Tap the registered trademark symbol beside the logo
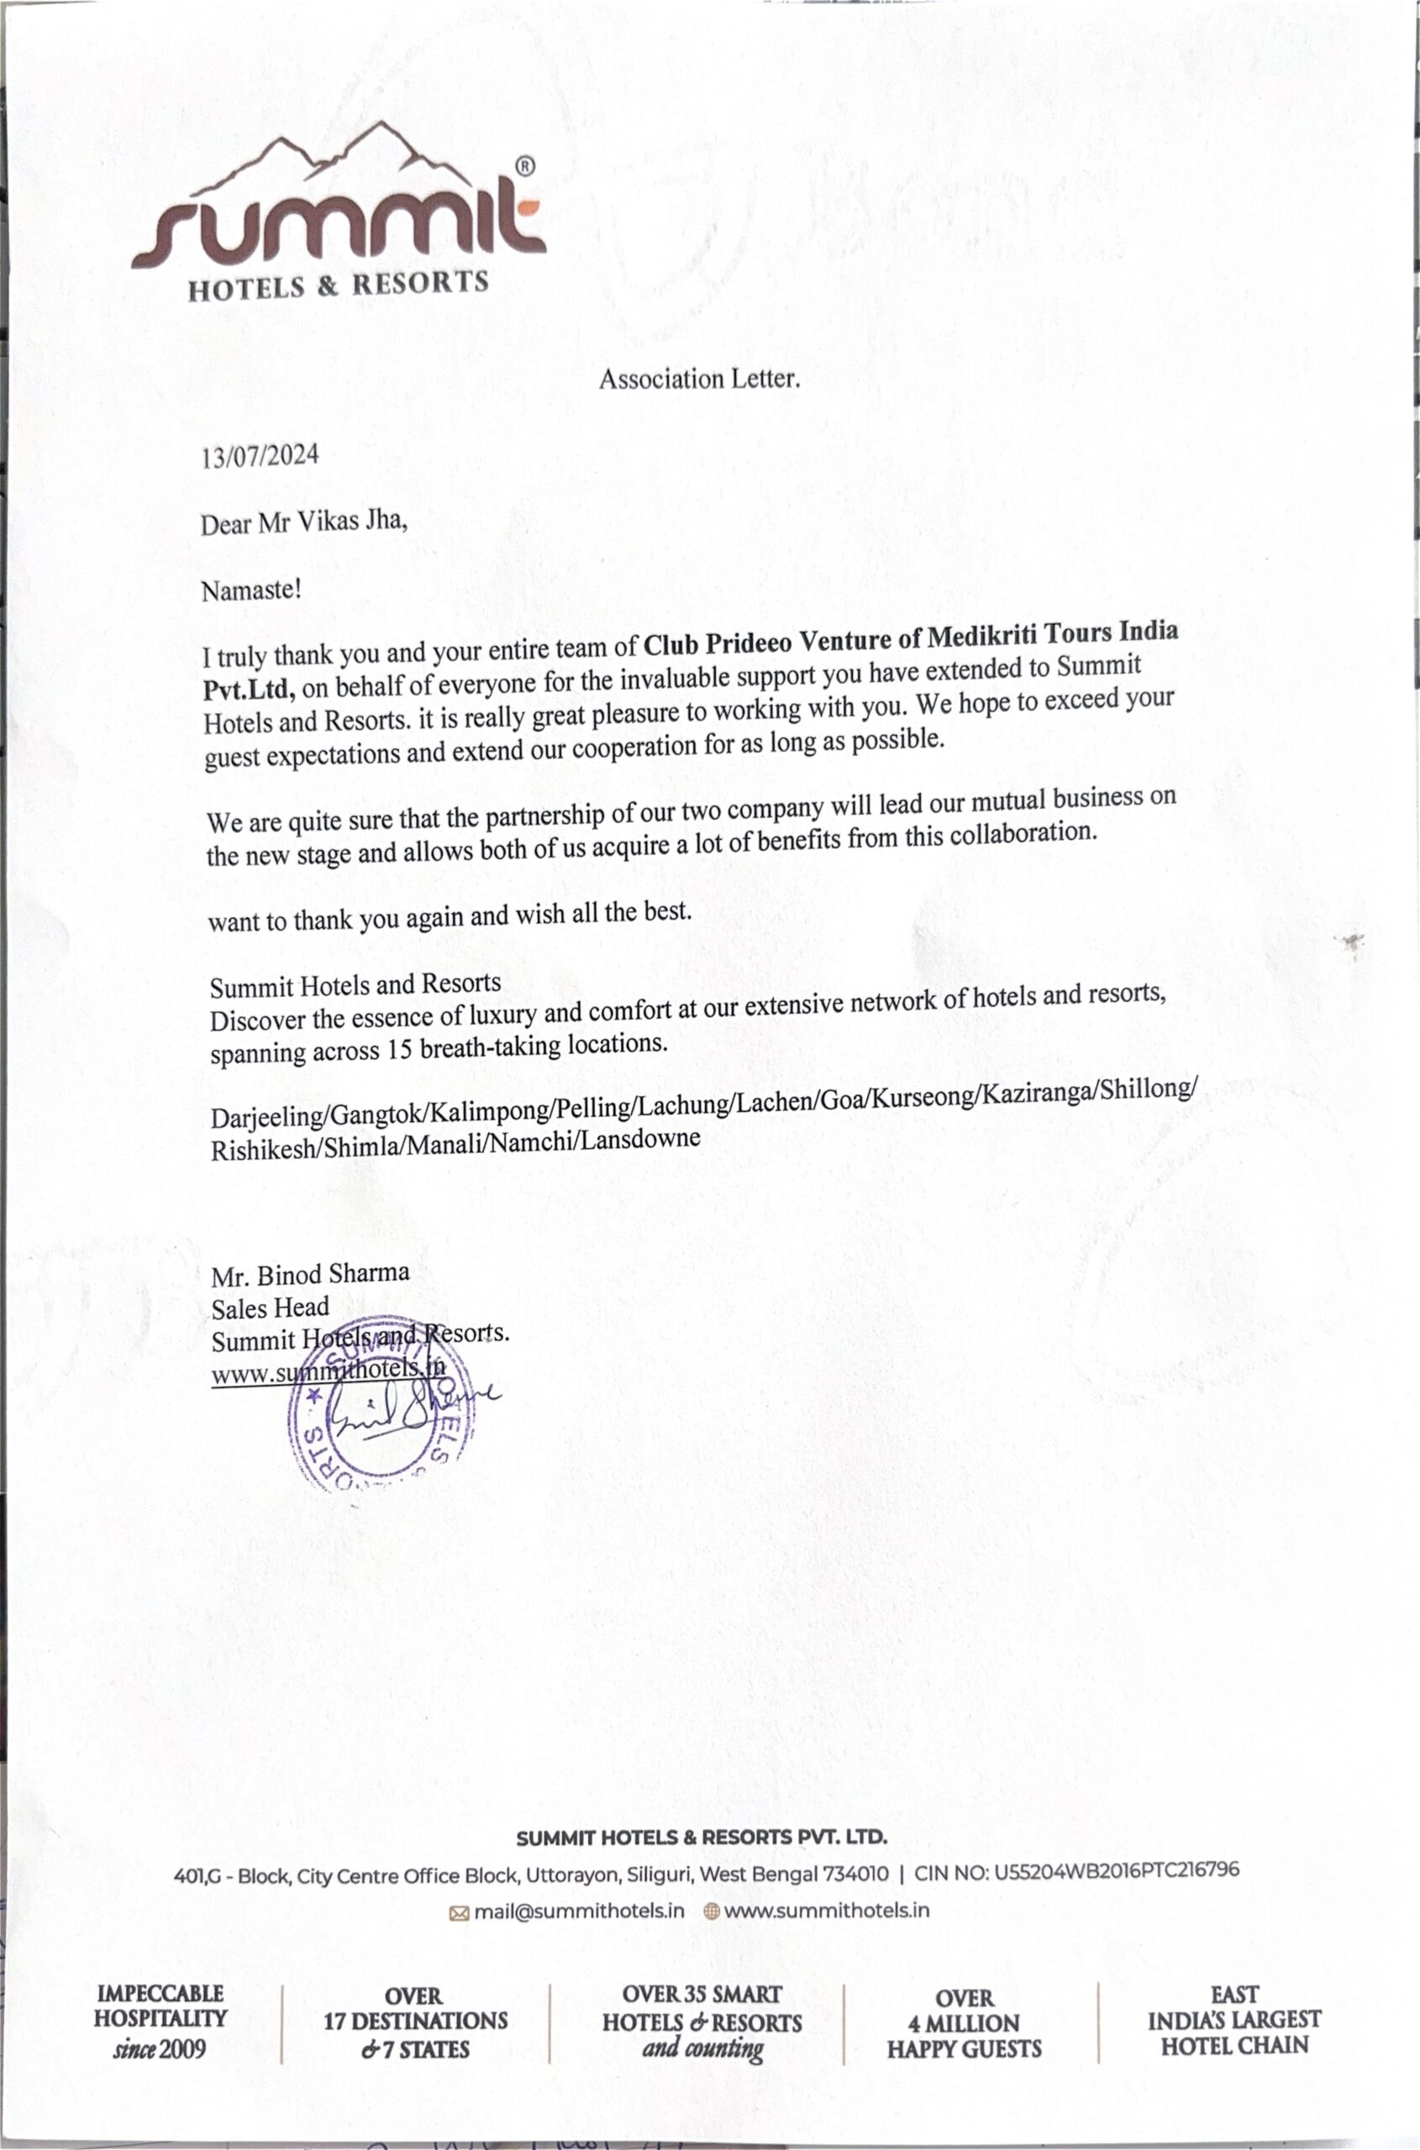pos(524,165)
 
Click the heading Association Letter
pos(699,379)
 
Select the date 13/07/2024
pos(260,455)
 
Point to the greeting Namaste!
pos(251,590)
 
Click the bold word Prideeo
pos(748,641)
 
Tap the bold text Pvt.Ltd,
pos(248,689)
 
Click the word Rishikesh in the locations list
pos(264,1149)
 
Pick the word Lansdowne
pos(640,1139)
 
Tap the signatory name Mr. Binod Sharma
pos(310,1275)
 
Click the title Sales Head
pos(270,1308)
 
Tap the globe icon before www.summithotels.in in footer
pos(712,1911)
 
